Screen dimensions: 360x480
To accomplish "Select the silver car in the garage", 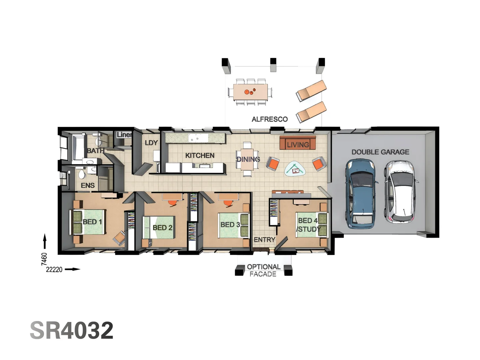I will point(401,192).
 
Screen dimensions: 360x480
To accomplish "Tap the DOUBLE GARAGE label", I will point(380,152).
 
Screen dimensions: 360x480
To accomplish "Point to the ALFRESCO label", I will point(269,119).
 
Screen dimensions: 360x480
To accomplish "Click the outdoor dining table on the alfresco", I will point(250,92).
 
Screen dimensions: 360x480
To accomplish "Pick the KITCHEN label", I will point(200,155).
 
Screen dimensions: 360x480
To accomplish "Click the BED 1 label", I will point(92,222).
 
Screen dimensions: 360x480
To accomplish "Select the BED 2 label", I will point(162,228).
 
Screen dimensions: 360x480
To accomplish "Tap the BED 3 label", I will point(230,225).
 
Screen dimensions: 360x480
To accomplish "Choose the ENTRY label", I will point(264,240).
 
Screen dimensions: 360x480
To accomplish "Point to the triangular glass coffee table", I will point(295,169).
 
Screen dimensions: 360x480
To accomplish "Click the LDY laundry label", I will point(151,143).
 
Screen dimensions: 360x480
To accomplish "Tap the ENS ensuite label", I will point(88,185).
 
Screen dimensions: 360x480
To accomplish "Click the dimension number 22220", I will point(54,269).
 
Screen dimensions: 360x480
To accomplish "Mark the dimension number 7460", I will point(44,259).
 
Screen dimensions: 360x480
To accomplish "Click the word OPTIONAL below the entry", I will point(263,267).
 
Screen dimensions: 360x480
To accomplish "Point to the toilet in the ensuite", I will point(81,174).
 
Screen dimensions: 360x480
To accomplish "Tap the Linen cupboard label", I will point(124,135).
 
